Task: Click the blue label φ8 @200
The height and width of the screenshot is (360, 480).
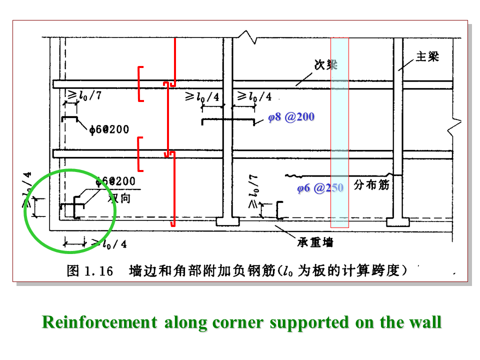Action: (x=291, y=117)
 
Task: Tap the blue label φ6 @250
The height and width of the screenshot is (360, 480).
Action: (x=320, y=188)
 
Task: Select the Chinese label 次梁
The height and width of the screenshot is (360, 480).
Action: (x=325, y=65)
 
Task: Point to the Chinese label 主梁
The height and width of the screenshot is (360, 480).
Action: (x=427, y=57)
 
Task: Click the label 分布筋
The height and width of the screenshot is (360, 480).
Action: (x=371, y=185)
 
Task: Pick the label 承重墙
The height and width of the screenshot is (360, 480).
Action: (x=315, y=243)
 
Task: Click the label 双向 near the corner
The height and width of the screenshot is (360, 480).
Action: (x=119, y=198)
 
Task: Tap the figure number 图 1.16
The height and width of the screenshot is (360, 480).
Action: (x=90, y=271)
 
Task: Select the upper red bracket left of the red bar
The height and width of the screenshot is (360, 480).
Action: (x=140, y=83)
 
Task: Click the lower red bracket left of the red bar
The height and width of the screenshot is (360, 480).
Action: (x=140, y=154)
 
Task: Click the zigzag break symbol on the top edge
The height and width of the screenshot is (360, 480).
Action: (x=248, y=37)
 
